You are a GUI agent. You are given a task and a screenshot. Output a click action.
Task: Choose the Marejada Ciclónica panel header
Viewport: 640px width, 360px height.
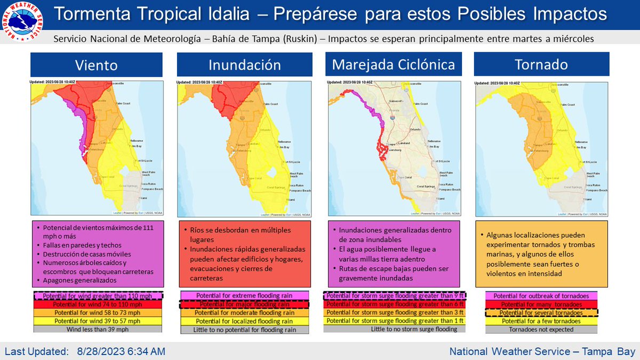pyautogui.click(x=394, y=65)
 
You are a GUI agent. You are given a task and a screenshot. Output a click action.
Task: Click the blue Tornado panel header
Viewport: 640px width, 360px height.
pyautogui.click(x=541, y=65)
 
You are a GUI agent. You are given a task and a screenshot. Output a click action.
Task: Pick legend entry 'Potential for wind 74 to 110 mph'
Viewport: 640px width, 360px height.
pyautogui.click(x=97, y=304)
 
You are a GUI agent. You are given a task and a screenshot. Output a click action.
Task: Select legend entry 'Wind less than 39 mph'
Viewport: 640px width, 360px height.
pyautogui.click(x=97, y=329)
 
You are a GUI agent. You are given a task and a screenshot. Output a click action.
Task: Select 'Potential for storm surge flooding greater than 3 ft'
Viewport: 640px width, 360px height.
pyautogui.click(x=394, y=313)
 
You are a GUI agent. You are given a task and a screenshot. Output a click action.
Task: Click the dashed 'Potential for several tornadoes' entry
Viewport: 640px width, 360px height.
pyautogui.click(x=541, y=313)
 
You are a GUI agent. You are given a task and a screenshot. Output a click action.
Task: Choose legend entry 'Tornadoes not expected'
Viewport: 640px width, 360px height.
pyautogui.click(x=541, y=330)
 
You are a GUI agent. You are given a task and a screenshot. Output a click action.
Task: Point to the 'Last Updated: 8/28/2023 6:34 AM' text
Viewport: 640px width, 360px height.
pyautogui.click(x=85, y=351)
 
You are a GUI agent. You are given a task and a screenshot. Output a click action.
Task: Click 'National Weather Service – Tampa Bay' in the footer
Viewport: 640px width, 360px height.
pyautogui.click(x=542, y=351)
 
